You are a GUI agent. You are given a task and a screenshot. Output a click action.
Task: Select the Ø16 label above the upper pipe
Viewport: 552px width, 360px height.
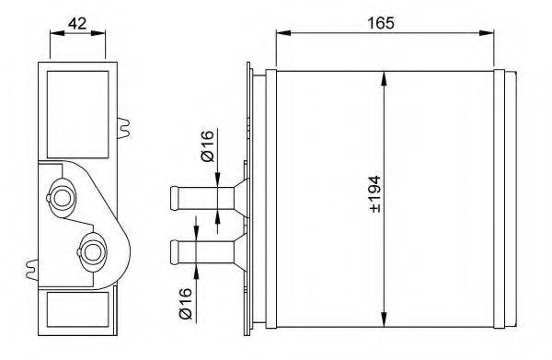(208, 147)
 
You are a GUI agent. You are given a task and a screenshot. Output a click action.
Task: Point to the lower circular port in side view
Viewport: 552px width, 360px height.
(93, 250)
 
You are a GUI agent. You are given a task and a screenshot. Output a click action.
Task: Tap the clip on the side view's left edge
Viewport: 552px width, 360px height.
(34, 270)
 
